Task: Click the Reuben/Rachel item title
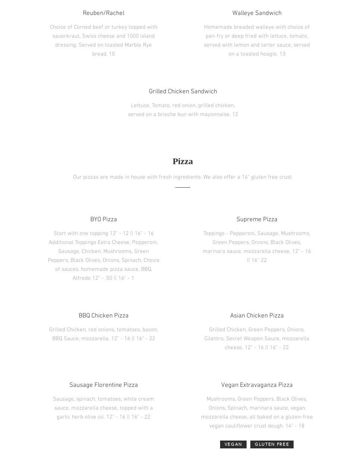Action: [103, 13]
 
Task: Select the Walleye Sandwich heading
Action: [257, 13]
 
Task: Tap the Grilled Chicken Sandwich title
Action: [182, 91]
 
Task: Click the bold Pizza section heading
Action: [182, 162]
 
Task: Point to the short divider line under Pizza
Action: [182, 187]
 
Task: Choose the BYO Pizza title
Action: [103, 219]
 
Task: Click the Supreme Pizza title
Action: [257, 219]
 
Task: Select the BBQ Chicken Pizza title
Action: [103, 316]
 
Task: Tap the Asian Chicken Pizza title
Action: [257, 316]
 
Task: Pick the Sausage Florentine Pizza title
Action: [103, 385]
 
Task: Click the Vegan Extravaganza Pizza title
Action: [257, 385]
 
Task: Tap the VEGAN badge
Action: [233, 444]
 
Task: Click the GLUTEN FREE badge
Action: [272, 444]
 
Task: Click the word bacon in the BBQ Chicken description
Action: [150, 330]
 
